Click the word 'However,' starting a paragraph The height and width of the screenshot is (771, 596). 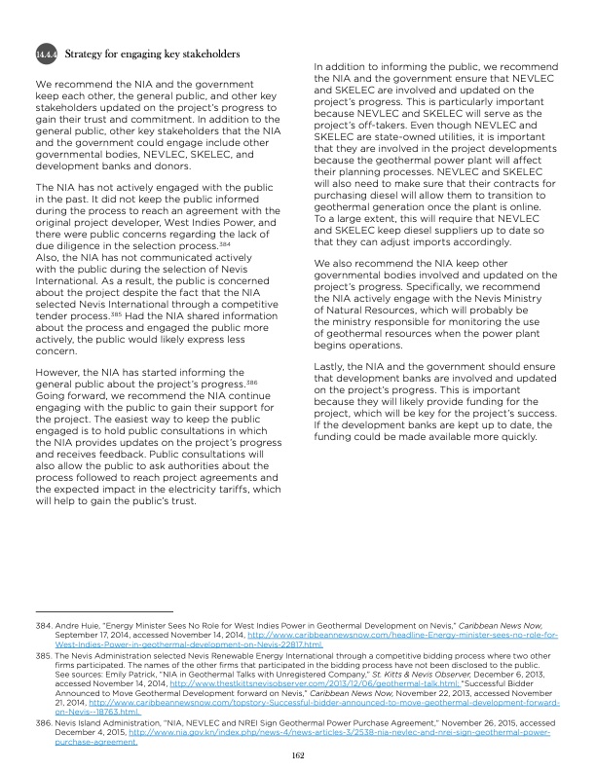61,374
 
